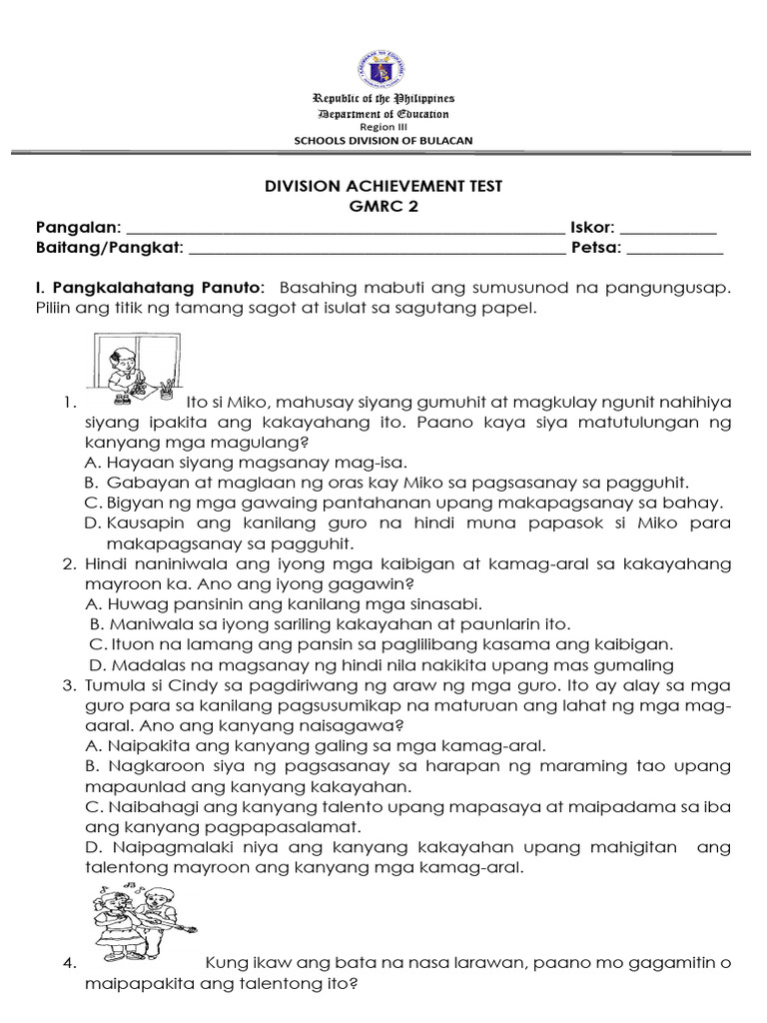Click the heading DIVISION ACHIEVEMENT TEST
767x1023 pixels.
[x=383, y=186]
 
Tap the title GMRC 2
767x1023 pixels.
[x=383, y=207]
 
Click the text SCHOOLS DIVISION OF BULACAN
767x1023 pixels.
[x=383, y=141]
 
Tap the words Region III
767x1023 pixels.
[x=383, y=127]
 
